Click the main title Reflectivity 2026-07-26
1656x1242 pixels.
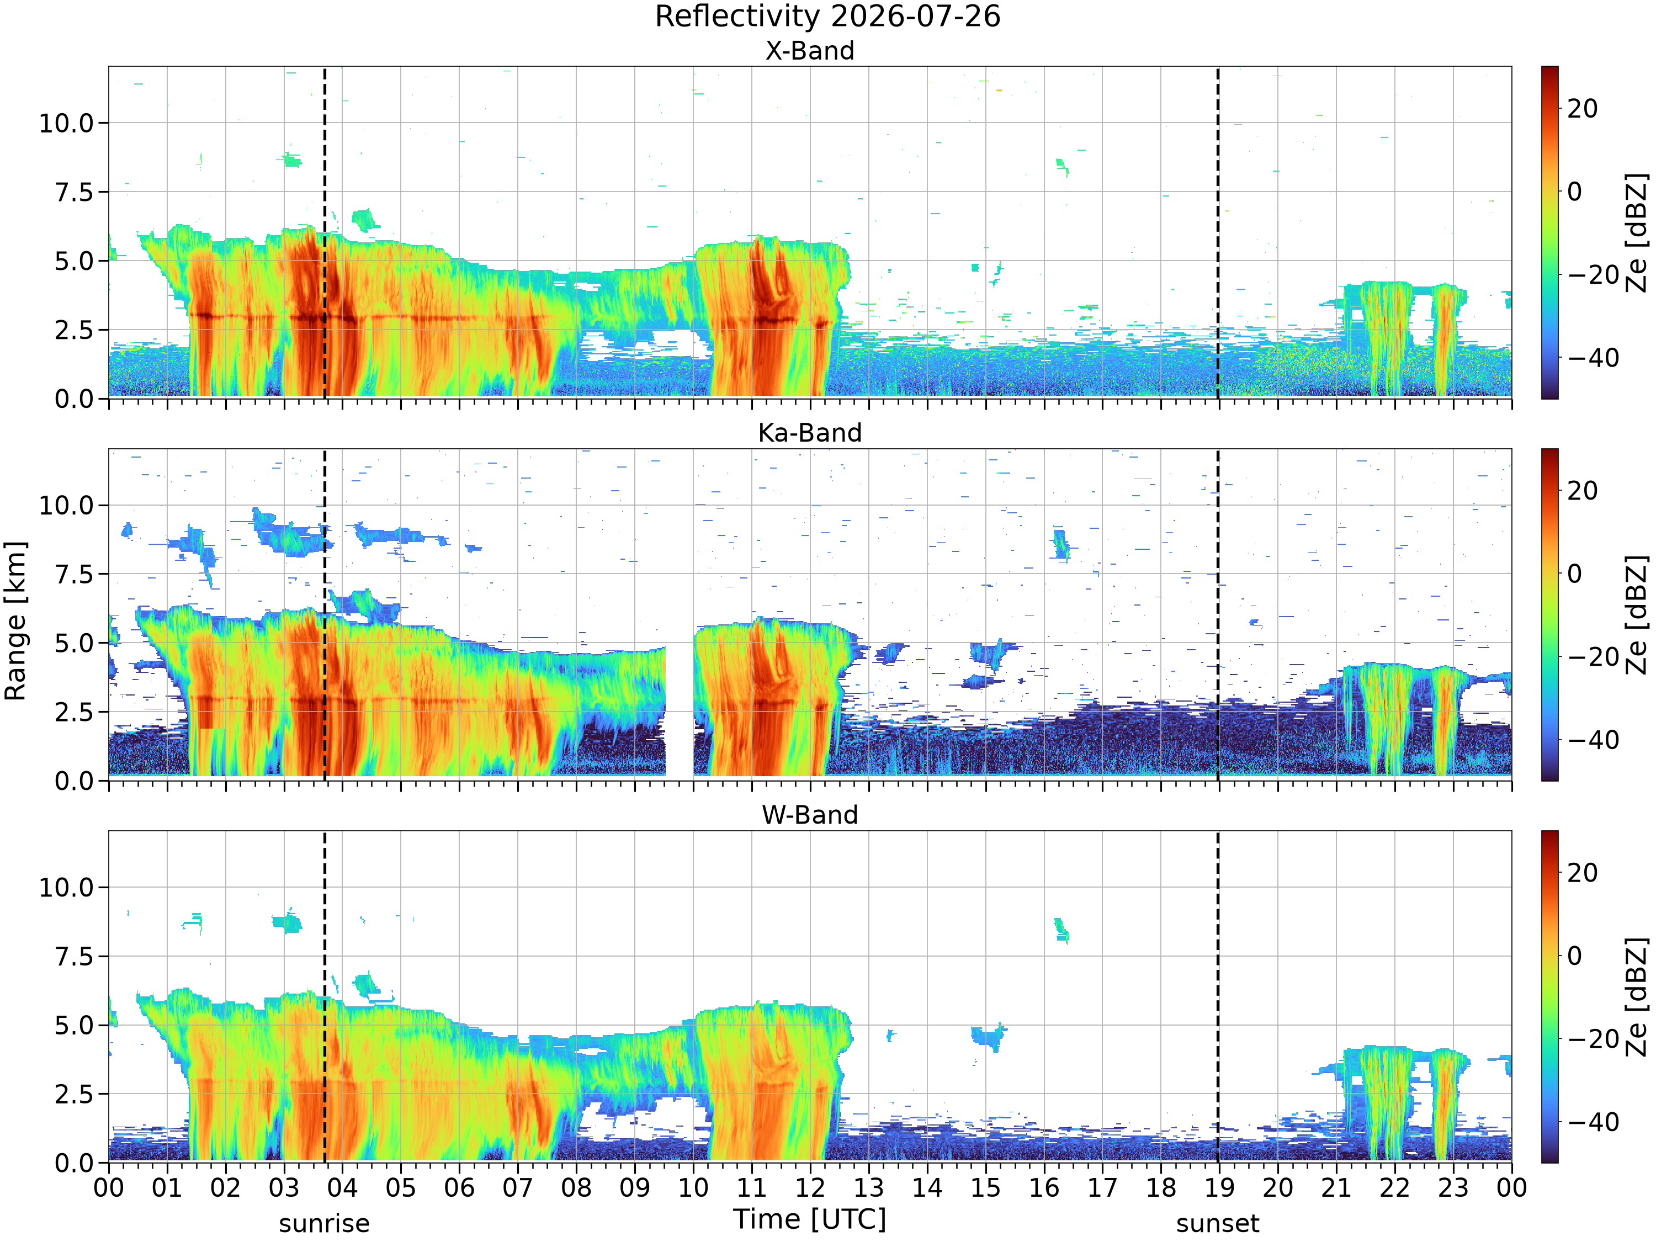pos(827,17)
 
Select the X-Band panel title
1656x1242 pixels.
pos(809,51)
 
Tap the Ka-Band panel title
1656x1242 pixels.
pos(809,433)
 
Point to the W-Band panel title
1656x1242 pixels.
pos(809,815)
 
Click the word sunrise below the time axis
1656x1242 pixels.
pos(324,1223)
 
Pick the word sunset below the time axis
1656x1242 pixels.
pos(1217,1223)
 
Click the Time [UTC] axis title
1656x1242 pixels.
pos(809,1219)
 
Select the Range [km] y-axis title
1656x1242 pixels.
pos(15,622)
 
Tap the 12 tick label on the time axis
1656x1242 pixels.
pos(810,1187)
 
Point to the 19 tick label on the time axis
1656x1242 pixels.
pos(1219,1187)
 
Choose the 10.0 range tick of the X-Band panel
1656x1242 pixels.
pos(67,123)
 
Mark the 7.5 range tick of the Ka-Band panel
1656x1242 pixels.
pos(75,574)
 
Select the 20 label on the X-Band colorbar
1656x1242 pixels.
pos(1583,109)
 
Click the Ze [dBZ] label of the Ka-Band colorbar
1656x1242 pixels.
pos(1637,614)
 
